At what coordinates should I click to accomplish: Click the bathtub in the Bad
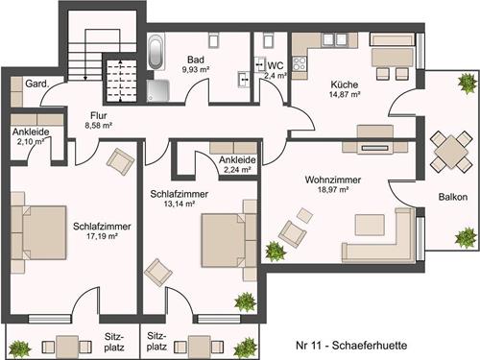coord(156,52)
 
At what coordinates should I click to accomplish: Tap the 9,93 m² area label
coord(196,69)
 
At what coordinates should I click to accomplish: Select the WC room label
coord(276,65)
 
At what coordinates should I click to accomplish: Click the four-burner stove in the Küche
coord(300,63)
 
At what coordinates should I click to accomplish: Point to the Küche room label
coord(345,84)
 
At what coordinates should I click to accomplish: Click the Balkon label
coord(453,197)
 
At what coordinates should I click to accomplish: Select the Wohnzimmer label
coord(333,180)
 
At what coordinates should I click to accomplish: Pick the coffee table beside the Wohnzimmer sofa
coord(370,225)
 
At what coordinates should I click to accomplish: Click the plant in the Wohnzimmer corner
coord(276,251)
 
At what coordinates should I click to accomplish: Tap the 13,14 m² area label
coord(180,204)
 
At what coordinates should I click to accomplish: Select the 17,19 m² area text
coord(102,236)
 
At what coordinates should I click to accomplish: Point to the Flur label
coord(99,115)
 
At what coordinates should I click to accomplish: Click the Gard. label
coord(37,84)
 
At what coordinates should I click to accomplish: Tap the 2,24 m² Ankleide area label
coord(237,170)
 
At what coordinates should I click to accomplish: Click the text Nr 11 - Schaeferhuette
coord(351,346)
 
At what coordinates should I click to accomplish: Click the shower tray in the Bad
coord(158,90)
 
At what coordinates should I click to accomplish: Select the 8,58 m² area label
coord(98,126)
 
